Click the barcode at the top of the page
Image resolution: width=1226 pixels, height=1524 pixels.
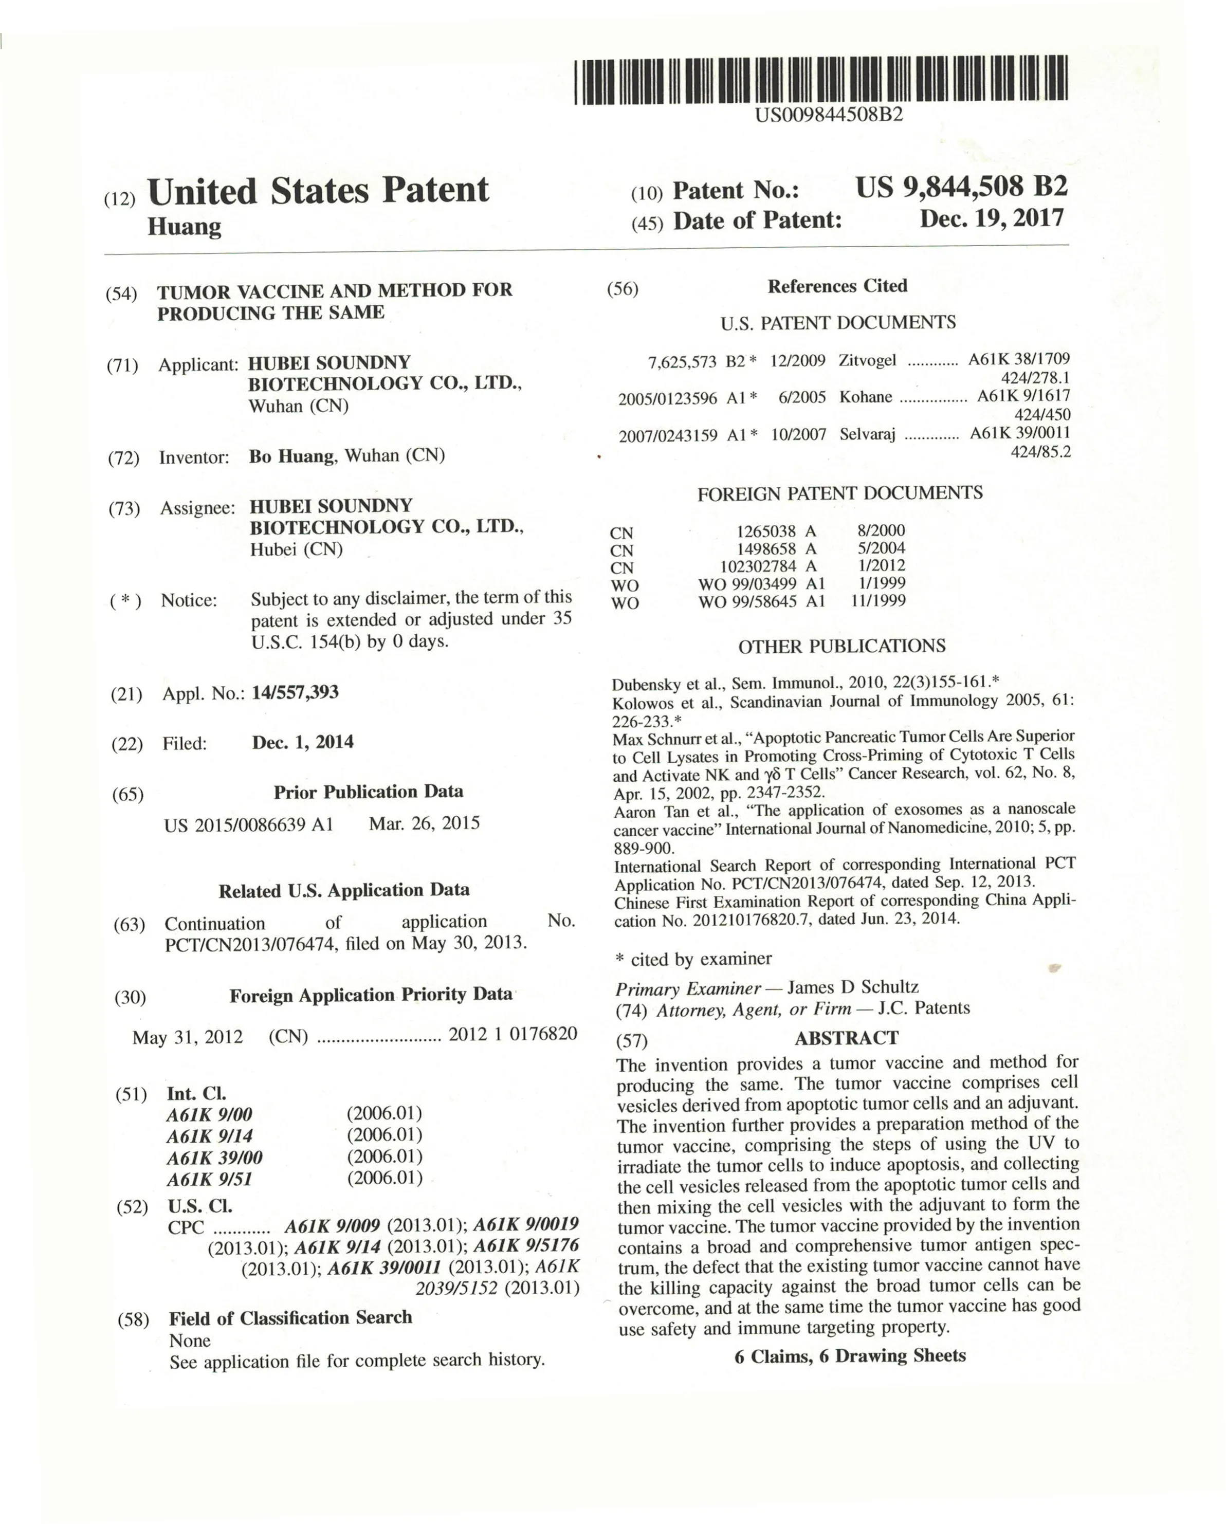point(820,80)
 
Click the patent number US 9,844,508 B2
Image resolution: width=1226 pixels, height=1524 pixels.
point(961,187)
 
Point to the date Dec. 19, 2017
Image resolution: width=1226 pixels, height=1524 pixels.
point(991,218)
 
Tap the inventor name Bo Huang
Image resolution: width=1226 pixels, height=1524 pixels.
point(290,456)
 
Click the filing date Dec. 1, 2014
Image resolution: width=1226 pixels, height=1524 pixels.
point(303,742)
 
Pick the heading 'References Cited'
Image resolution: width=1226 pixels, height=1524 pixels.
point(837,286)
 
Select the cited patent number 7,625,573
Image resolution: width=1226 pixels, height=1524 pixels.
point(682,362)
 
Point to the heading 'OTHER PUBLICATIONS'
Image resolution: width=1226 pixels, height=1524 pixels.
point(841,646)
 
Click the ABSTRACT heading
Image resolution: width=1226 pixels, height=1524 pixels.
point(846,1038)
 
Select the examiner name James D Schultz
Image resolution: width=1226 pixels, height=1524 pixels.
point(853,987)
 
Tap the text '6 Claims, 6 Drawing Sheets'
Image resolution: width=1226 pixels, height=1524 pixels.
point(850,1356)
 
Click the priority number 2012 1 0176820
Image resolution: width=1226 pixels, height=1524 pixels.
point(513,1034)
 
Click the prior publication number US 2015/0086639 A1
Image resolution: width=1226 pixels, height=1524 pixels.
point(248,825)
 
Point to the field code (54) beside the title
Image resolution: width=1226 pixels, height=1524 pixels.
point(121,293)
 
